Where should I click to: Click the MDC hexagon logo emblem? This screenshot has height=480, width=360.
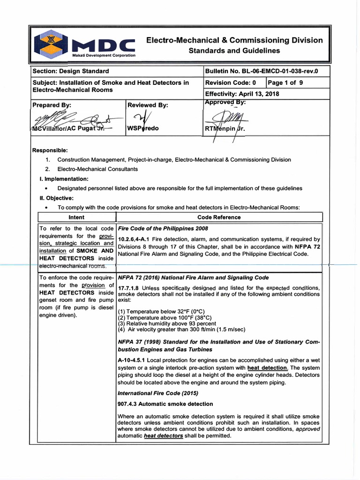(51, 43)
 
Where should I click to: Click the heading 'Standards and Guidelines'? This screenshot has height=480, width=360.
(234, 51)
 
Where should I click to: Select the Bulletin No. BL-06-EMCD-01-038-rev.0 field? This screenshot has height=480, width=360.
(261, 71)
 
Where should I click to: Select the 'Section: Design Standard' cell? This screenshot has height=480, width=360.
(70, 71)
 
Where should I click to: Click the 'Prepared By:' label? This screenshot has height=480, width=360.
(52, 105)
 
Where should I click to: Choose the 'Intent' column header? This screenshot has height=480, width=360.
(76, 217)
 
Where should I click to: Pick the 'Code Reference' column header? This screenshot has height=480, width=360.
(219, 217)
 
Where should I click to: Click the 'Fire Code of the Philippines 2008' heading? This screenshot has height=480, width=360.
(163, 229)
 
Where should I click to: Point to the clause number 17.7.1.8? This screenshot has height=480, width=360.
(128, 288)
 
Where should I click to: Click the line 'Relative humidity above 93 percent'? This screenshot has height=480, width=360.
(167, 323)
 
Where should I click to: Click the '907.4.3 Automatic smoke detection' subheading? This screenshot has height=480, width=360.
(165, 404)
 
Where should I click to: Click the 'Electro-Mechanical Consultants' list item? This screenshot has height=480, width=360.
(97, 169)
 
